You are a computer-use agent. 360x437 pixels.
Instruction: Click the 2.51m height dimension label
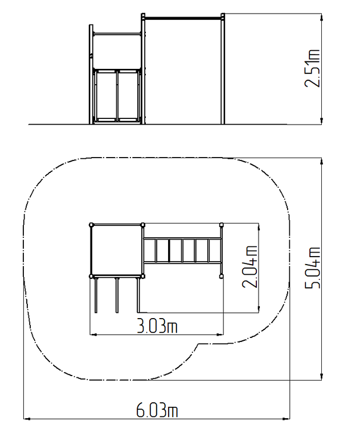coord(312,68)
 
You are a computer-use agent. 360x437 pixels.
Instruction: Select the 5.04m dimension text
coord(312,267)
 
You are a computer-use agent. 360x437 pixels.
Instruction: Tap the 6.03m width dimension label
coord(157,410)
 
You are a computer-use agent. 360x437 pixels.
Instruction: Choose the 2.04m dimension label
coord(249,266)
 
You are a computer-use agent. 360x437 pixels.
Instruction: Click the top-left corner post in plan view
coord(91,225)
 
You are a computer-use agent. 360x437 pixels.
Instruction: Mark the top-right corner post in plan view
coord(222,225)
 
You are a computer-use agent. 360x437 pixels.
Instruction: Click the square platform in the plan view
coord(117,250)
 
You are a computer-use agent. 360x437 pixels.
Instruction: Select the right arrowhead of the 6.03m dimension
coord(287,418)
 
